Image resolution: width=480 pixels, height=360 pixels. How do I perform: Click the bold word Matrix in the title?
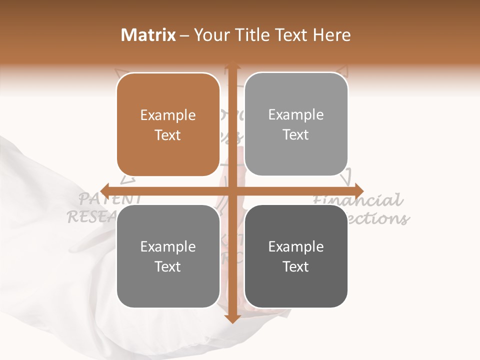click(x=148, y=35)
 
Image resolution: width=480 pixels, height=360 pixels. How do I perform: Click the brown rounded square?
click(x=168, y=124)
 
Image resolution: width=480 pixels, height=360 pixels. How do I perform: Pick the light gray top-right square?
click(x=296, y=124)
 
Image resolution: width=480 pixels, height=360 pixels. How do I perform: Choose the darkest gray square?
click(x=296, y=256)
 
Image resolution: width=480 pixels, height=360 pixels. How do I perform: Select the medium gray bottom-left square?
click(x=168, y=256)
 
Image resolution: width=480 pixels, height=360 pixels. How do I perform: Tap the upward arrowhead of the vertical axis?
click(x=231, y=64)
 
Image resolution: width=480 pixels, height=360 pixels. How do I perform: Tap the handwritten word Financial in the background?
click(x=358, y=200)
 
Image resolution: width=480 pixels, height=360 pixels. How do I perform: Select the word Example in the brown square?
click(x=168, y=115)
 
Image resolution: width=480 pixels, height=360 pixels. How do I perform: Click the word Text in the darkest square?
click(x=296, y=266)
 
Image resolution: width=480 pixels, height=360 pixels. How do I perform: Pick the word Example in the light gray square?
click(x=296, y=115)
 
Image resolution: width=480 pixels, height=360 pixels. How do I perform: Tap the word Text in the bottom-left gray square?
click(x=168, y=266)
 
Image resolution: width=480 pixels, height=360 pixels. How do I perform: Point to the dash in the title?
click(x=184, y=35)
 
